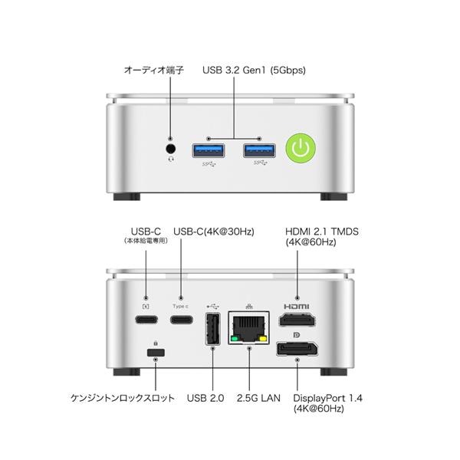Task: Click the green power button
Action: click(301, 147)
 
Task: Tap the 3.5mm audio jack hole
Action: click(171, 149)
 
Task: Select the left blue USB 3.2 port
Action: click(209, 151)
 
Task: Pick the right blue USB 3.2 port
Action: click(259, 151)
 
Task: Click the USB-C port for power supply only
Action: click(146, 319)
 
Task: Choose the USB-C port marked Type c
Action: click(182, 319)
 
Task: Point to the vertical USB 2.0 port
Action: click(212, 329)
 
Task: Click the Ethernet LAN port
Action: click(249, 327)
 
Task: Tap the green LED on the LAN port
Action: click(235, 339)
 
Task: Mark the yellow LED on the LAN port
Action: click(264, 339)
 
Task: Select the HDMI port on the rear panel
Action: click(297, 320)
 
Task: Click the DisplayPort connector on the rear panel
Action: click(297, 349)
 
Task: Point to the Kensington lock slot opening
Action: click(156, 353)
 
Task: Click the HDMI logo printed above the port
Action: click(296, 307)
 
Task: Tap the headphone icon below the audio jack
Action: click(171, 159)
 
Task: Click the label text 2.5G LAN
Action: click(258, 398)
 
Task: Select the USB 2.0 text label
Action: click(205, 398)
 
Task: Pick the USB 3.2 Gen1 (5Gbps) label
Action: click(254, 71)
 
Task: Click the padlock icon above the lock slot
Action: click(156, 343)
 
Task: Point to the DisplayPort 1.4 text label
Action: click(327, 398)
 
